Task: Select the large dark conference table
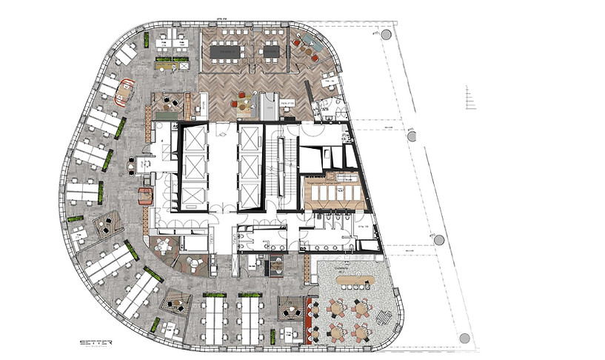coord(230,51)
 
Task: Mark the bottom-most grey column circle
coord(464,339)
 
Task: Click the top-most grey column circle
coord(386,35)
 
